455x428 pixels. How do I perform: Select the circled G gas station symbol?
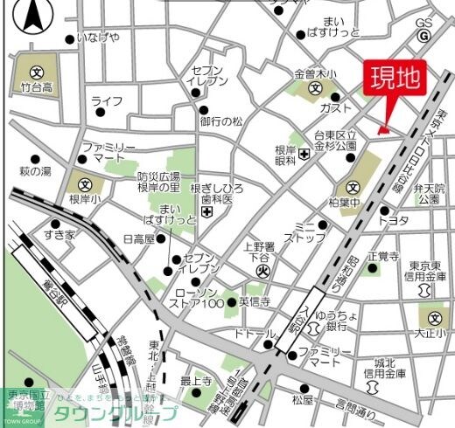coord(423,36)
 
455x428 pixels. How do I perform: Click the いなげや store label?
coord(97,38)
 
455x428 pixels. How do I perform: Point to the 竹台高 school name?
coord(37,87)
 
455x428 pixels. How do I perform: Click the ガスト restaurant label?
coord(336,107)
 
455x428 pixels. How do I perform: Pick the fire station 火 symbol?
coord(260,272)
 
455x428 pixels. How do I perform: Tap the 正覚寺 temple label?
coord(382,257)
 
